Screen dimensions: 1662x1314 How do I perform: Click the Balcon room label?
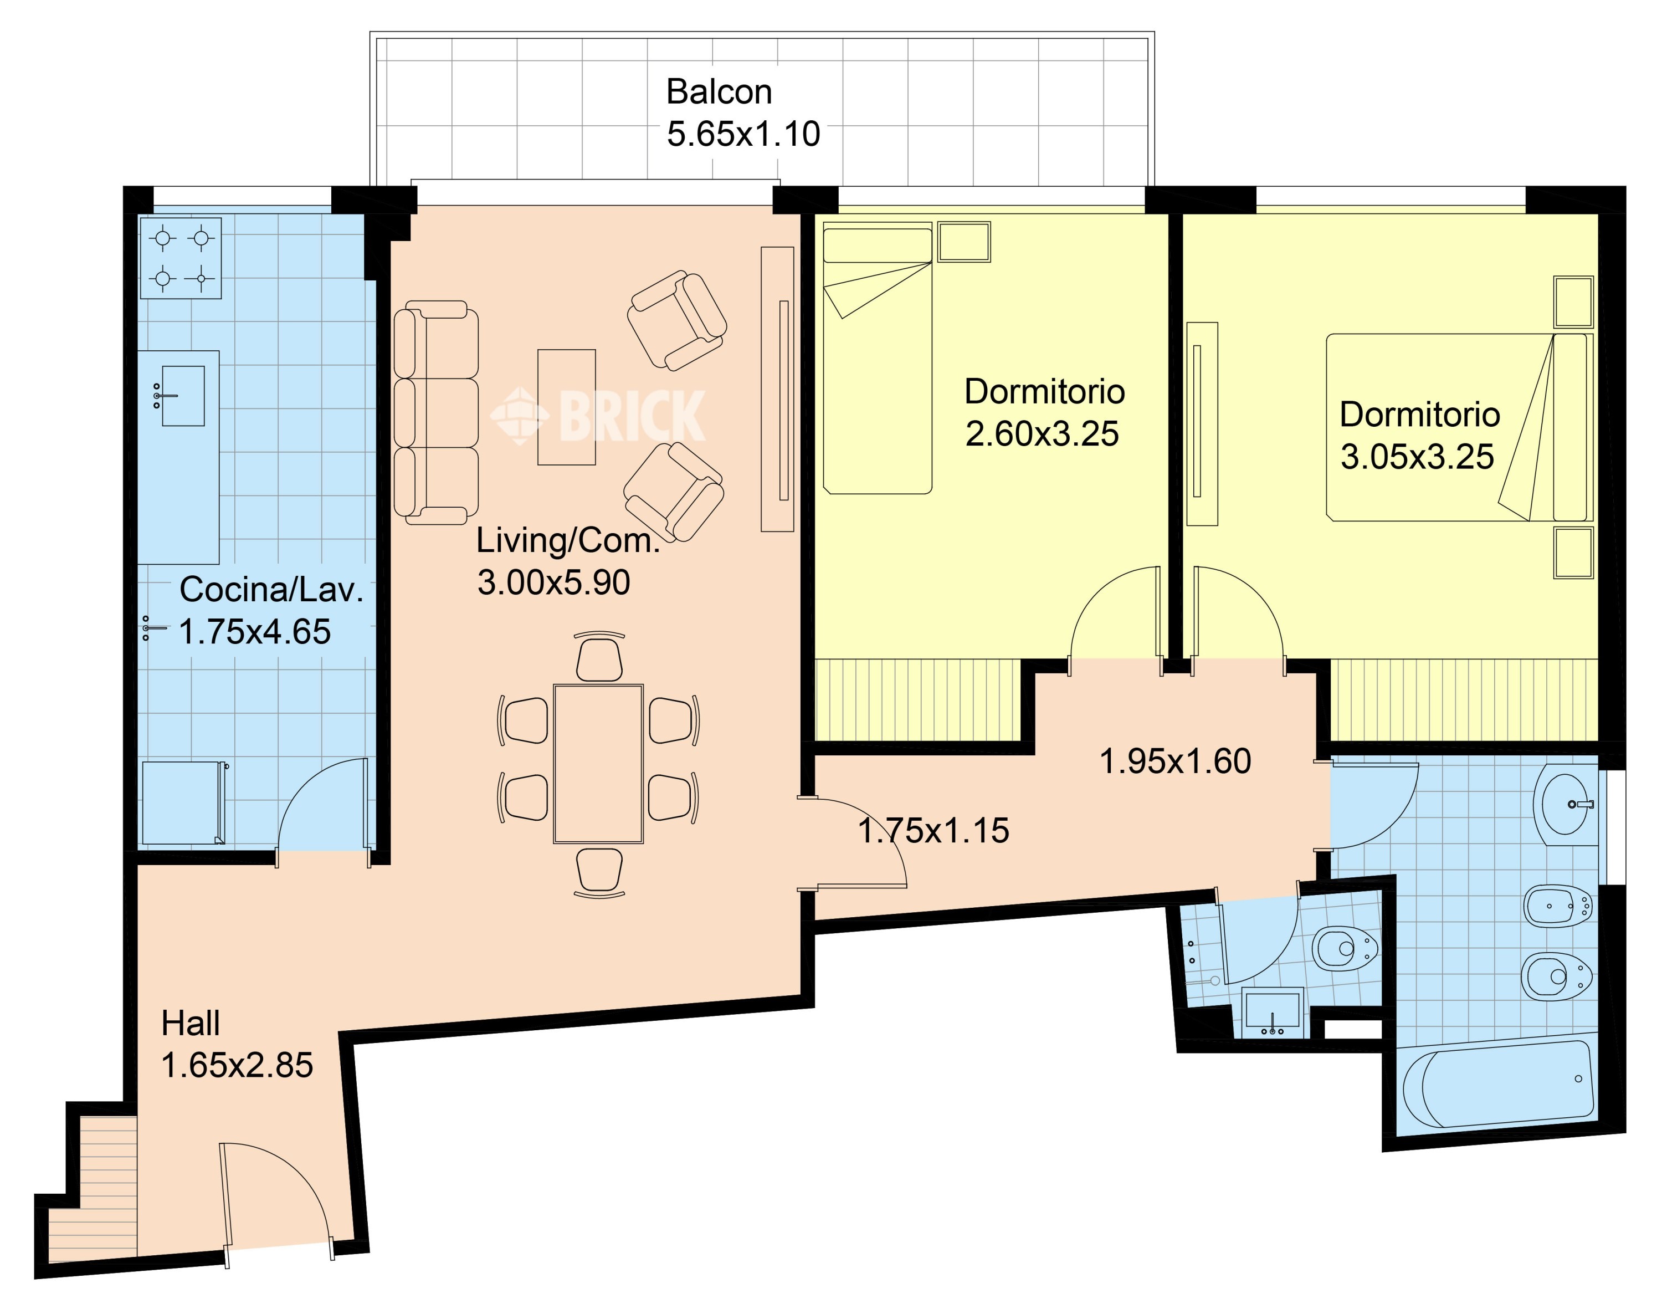[719, 91]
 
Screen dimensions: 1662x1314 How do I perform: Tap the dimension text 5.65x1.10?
[743, 134]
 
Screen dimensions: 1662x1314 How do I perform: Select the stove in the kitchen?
[181, 258]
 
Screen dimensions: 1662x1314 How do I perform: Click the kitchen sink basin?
[182, 396]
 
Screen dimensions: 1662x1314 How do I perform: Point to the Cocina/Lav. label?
[271, 590]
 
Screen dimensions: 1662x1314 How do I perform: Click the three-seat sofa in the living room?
[435, 412]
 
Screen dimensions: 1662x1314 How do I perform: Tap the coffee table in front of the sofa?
[566, 407]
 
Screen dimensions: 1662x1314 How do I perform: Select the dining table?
[598, 763]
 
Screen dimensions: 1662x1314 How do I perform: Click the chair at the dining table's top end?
[599, 656]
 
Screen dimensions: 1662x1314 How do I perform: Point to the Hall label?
[190, 1023]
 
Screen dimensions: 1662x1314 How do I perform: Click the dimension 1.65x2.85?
[237, 1066]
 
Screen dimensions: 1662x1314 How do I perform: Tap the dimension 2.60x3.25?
[1042, 434]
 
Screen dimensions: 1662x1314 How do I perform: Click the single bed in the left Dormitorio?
[878, 358]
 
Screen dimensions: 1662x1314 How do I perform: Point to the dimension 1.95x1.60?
[1175, 761]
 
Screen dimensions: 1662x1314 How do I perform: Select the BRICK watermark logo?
[598, 416]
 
